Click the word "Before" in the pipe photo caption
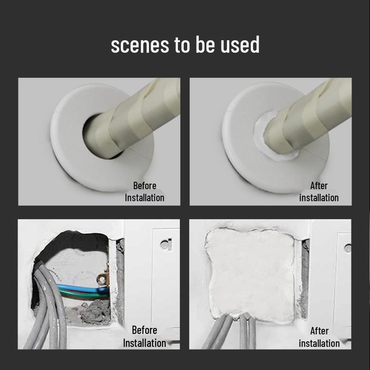[x=144, y=185]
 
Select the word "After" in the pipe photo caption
[x=319, y=185]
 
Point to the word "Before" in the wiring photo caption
[x=144, y=330]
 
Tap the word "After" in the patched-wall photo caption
[x=319, y=331]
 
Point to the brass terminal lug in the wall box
[x=102, y=278]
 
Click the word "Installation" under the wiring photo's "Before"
[x=144, y=343]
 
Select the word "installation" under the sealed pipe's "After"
[x=319, y=197]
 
